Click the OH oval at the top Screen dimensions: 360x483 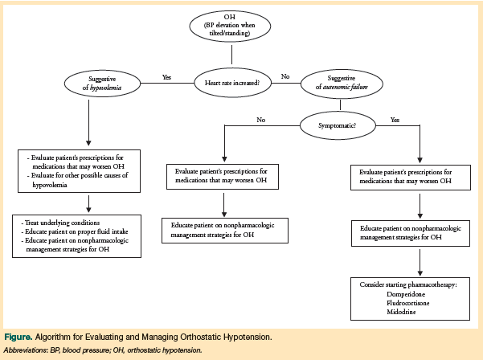coord(231,27)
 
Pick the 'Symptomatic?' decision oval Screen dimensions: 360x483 coord(337,125)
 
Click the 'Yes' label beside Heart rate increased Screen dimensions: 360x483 coord(166,77)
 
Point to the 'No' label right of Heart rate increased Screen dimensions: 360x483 coord(284,76)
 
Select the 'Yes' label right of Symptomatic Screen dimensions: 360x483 coord(395,120)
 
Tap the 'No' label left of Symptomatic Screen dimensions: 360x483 coord(260,120)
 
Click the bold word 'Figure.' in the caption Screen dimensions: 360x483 coord(22,336)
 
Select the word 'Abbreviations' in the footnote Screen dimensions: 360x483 coord(25,350)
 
